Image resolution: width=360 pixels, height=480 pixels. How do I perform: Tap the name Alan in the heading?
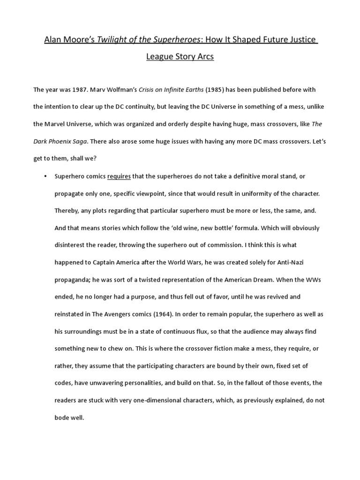53,40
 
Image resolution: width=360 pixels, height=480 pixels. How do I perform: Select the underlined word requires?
119,176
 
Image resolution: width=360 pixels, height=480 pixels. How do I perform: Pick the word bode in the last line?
62,418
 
